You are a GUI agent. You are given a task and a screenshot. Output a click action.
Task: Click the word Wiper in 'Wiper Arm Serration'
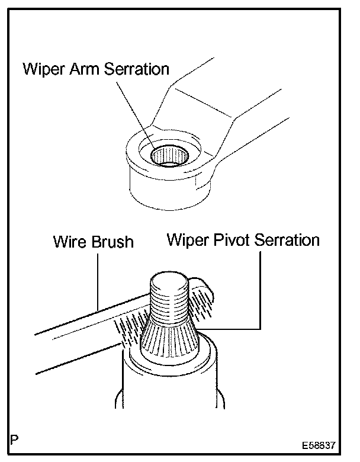43,69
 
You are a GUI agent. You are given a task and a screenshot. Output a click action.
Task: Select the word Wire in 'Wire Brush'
68,242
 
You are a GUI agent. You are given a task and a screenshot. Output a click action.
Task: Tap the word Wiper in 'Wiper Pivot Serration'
185,240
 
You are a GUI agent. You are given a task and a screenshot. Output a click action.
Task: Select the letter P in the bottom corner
14,441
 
